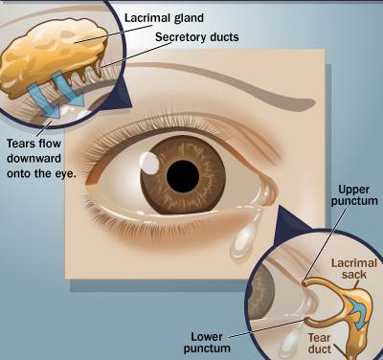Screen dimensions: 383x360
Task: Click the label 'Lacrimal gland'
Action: pos(164,18)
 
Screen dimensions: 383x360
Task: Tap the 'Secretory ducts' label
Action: pos(197,37)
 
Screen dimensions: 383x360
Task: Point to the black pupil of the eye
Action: pos(183,176)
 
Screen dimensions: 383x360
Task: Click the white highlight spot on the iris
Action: pos(149,163)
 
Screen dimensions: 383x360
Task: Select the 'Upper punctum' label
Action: pos(354,195)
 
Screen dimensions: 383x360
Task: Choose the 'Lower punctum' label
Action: pos(207,343)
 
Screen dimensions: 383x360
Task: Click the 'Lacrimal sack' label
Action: pos(354,269)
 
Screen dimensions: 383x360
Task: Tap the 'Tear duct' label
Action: pos(319,344)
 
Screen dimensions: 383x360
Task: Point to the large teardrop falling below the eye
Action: pos(245,238)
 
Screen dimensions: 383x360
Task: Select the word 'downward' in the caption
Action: pos(34,159)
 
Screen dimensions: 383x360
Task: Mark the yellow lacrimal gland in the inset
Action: pos(51,56)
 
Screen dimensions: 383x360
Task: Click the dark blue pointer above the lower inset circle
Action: pos(293,220)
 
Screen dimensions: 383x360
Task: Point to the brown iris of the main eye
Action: pos(183,175)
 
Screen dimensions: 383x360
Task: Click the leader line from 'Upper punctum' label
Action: pos(325,245)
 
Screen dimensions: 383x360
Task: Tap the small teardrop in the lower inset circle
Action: pos(288,343)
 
